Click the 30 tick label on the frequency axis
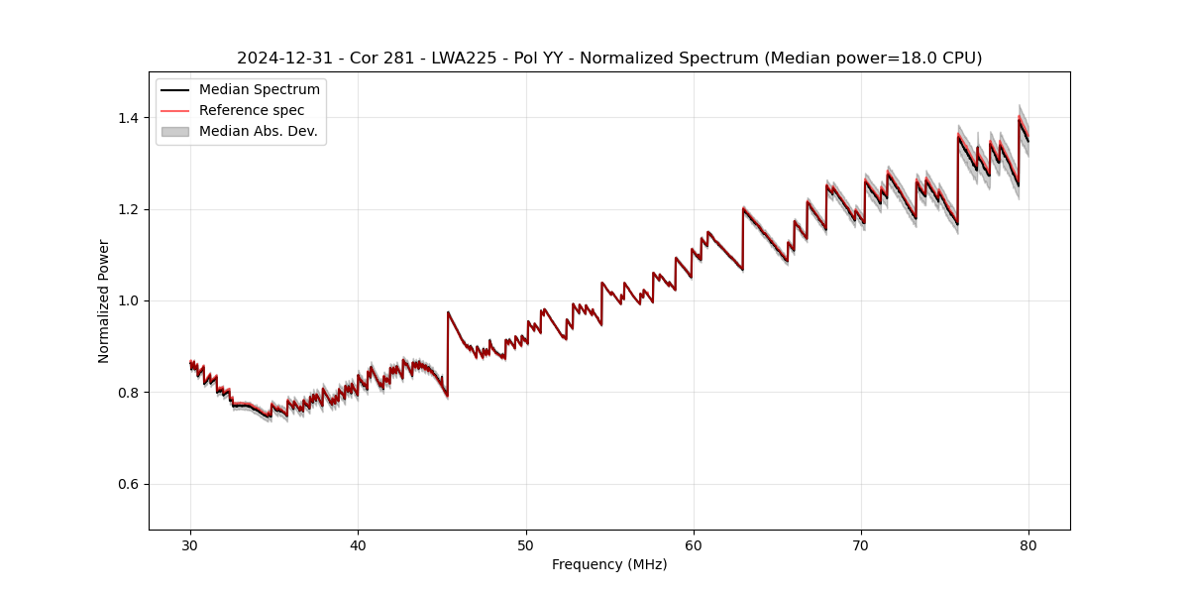pyautogui.click(x=190, y=544)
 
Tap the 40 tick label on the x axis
pyautogui.click(x=358, y=544)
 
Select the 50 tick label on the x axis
pyautogui.click(x=526, y=544)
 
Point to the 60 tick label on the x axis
pyautogui.click(x=694, y=544)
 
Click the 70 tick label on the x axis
pyautogui.click(x=861, y=544)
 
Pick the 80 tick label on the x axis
pyautogui.click(x=1028, y=544)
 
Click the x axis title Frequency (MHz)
pyautogui.click(x=609, y=564)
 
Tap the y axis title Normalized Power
pyautogui.click(x=104, y=300)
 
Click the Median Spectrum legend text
pyautogui.click(x=259, y=90)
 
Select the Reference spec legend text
pyautogui.click(x=252, y=110)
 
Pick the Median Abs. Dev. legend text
pyautogui.click(x=258, y=131)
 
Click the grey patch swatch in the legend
pyautogui.click(x=175, y=131)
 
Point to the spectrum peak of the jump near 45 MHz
pyautogui.click(x=448, y=312)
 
